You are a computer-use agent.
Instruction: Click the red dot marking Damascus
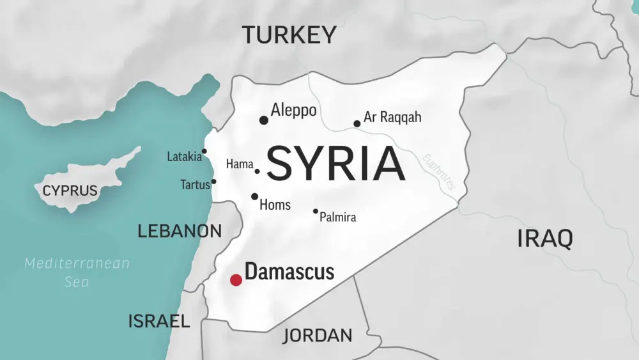click(236, 279)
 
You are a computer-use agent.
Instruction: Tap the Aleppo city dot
click(263, 120)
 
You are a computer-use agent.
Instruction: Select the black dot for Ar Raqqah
click(357, 124)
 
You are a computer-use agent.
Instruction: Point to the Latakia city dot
click(204, 152)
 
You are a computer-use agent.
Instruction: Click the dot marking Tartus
click(213, 181)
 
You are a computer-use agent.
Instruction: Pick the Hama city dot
click(258, 171)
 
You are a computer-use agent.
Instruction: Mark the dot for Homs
click(254, 196)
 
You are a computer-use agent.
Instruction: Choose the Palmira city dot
click(315, 211)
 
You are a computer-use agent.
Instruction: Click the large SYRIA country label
click(335, 164)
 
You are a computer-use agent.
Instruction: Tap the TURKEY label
click(289, 35)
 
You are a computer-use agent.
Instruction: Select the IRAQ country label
click(544, 239)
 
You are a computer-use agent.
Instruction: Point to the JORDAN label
click(317, 335)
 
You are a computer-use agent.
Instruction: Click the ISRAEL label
click(159, 321)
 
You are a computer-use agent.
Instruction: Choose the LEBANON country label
click(180, 231)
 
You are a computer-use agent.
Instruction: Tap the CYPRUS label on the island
click(70, 191)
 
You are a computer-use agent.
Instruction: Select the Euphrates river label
click(439, 171)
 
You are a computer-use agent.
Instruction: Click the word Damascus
click(289, 272)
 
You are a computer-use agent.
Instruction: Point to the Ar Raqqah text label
click(392, 118)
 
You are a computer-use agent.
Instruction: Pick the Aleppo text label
click(293, 111)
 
